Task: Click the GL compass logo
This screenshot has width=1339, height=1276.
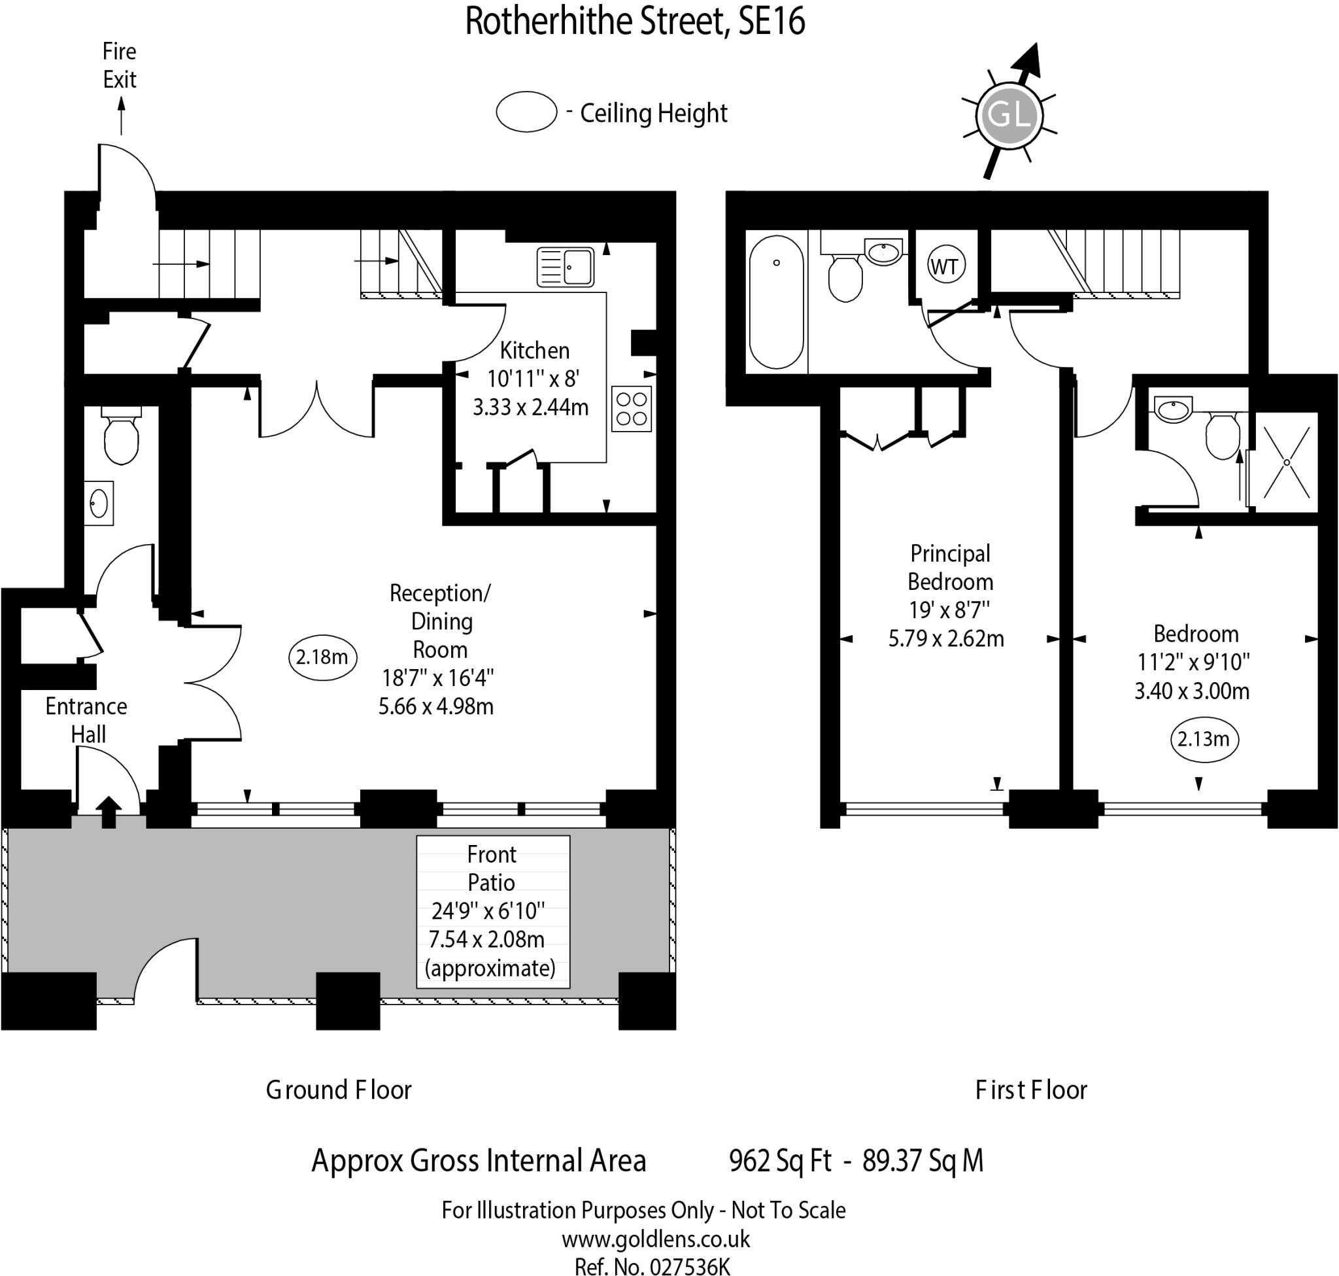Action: [x=1009, y=114]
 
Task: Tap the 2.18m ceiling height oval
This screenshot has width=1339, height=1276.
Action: [x=322, y=657]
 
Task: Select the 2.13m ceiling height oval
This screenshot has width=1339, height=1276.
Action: [x=1204, y=738]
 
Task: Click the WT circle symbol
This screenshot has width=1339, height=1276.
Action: [x=945, y=266]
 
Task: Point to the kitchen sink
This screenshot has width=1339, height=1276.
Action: [x=566, y=266]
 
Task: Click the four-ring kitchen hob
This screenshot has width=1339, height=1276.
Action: [x=631, y=409]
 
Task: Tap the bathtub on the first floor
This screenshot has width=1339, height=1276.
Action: [x=776, y=302]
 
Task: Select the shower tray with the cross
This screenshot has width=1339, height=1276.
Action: [x=1286, y=462]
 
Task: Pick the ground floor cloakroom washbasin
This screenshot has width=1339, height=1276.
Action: [x=99, y=504]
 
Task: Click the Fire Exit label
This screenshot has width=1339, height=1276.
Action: [x=120, y=65]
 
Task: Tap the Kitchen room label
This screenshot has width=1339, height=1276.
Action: [x=535, y=351]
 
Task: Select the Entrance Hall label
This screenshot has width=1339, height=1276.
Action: [x=86, y=720]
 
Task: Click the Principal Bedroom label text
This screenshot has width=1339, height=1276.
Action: [x=950, y=567]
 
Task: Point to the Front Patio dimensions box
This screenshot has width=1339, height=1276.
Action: [x=492, y=911]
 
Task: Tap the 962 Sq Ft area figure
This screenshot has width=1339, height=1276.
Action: [x=780, y=1161]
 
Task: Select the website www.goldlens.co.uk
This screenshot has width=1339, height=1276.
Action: [x=656, y=1239]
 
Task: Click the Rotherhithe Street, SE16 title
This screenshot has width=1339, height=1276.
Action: [x=635, y=20]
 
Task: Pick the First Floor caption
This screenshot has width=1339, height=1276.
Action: [x=1031, y=1090]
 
